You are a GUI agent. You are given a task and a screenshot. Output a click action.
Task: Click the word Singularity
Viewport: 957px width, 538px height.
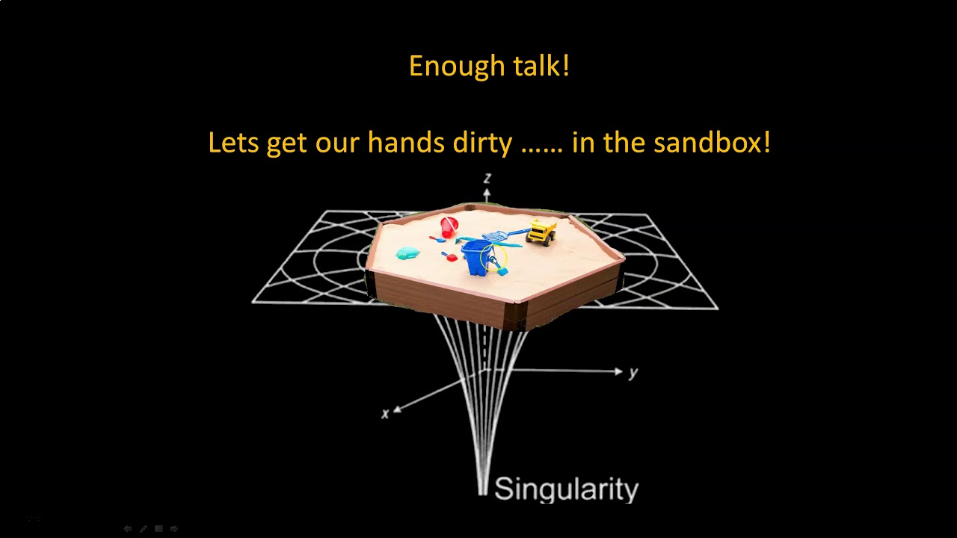566,489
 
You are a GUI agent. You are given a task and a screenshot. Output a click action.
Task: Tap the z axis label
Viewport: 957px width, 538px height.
487,178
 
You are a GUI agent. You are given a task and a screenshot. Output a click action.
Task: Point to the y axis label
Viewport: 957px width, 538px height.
633,373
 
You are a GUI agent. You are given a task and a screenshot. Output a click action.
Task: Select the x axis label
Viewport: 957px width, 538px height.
385,414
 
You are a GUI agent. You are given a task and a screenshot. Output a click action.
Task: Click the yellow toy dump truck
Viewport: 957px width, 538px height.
541,231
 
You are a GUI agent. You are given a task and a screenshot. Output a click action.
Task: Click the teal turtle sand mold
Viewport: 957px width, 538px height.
407,254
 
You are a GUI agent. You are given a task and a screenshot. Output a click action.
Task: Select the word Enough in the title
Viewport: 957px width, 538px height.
446,66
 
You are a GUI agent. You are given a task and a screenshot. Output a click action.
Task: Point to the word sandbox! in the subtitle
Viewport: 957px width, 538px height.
712,142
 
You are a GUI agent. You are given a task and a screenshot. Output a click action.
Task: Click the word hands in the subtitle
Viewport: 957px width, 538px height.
406,142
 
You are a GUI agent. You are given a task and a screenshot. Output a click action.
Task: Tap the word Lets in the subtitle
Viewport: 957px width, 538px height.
233,142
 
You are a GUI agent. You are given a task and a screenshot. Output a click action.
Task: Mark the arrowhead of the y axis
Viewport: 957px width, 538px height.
618,371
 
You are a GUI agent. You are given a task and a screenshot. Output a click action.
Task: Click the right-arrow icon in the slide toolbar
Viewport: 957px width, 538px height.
174,528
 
